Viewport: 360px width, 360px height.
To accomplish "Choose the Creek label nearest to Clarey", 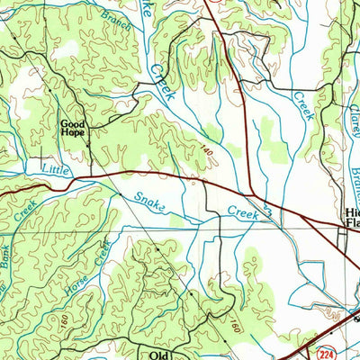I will tap(303, 105).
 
